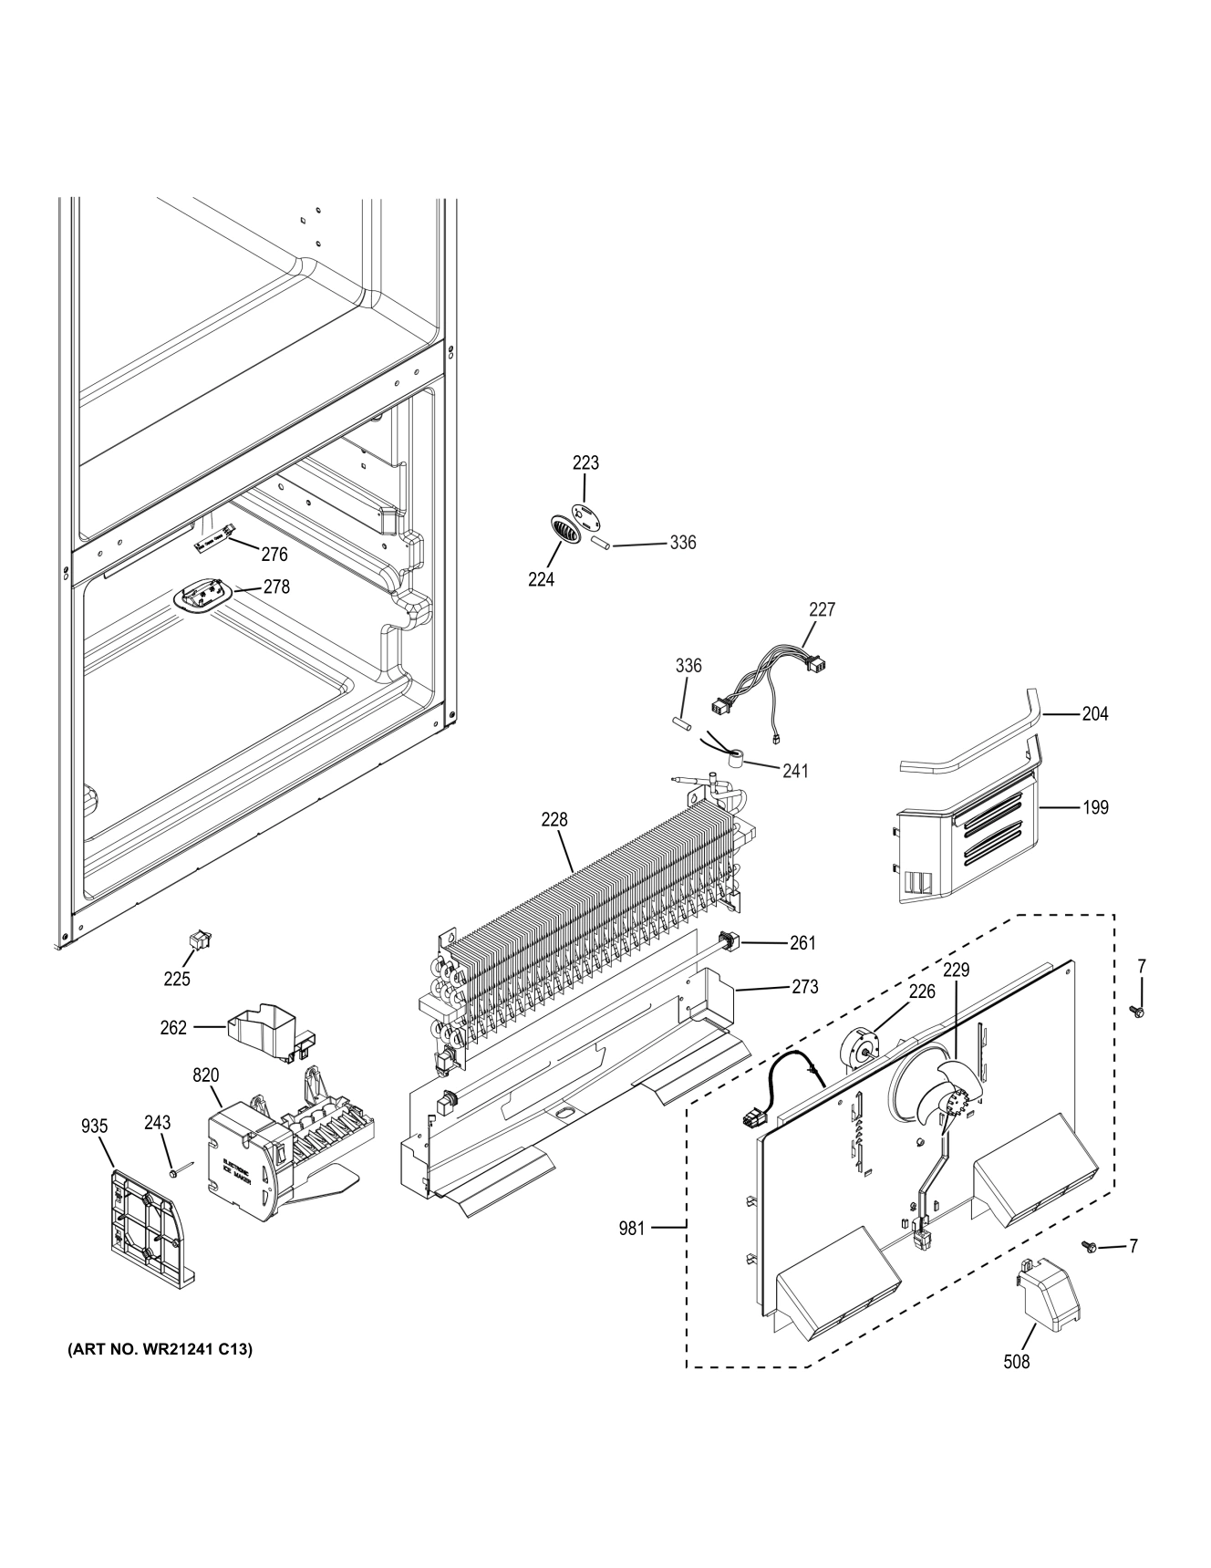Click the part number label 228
pyautogui.click(x=554, y=820)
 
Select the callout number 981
pyautogui.click(x=631, y=1229)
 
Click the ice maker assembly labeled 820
pyautogui.click(x=274, y=1146)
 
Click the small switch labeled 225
pyautogui.click(x=194, y=940)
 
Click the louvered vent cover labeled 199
pyautogui.click(x=967, y=840)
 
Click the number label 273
pyautogui.click(x=804, y=986)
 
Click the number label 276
pyautogui.click(x=274, y=554)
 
